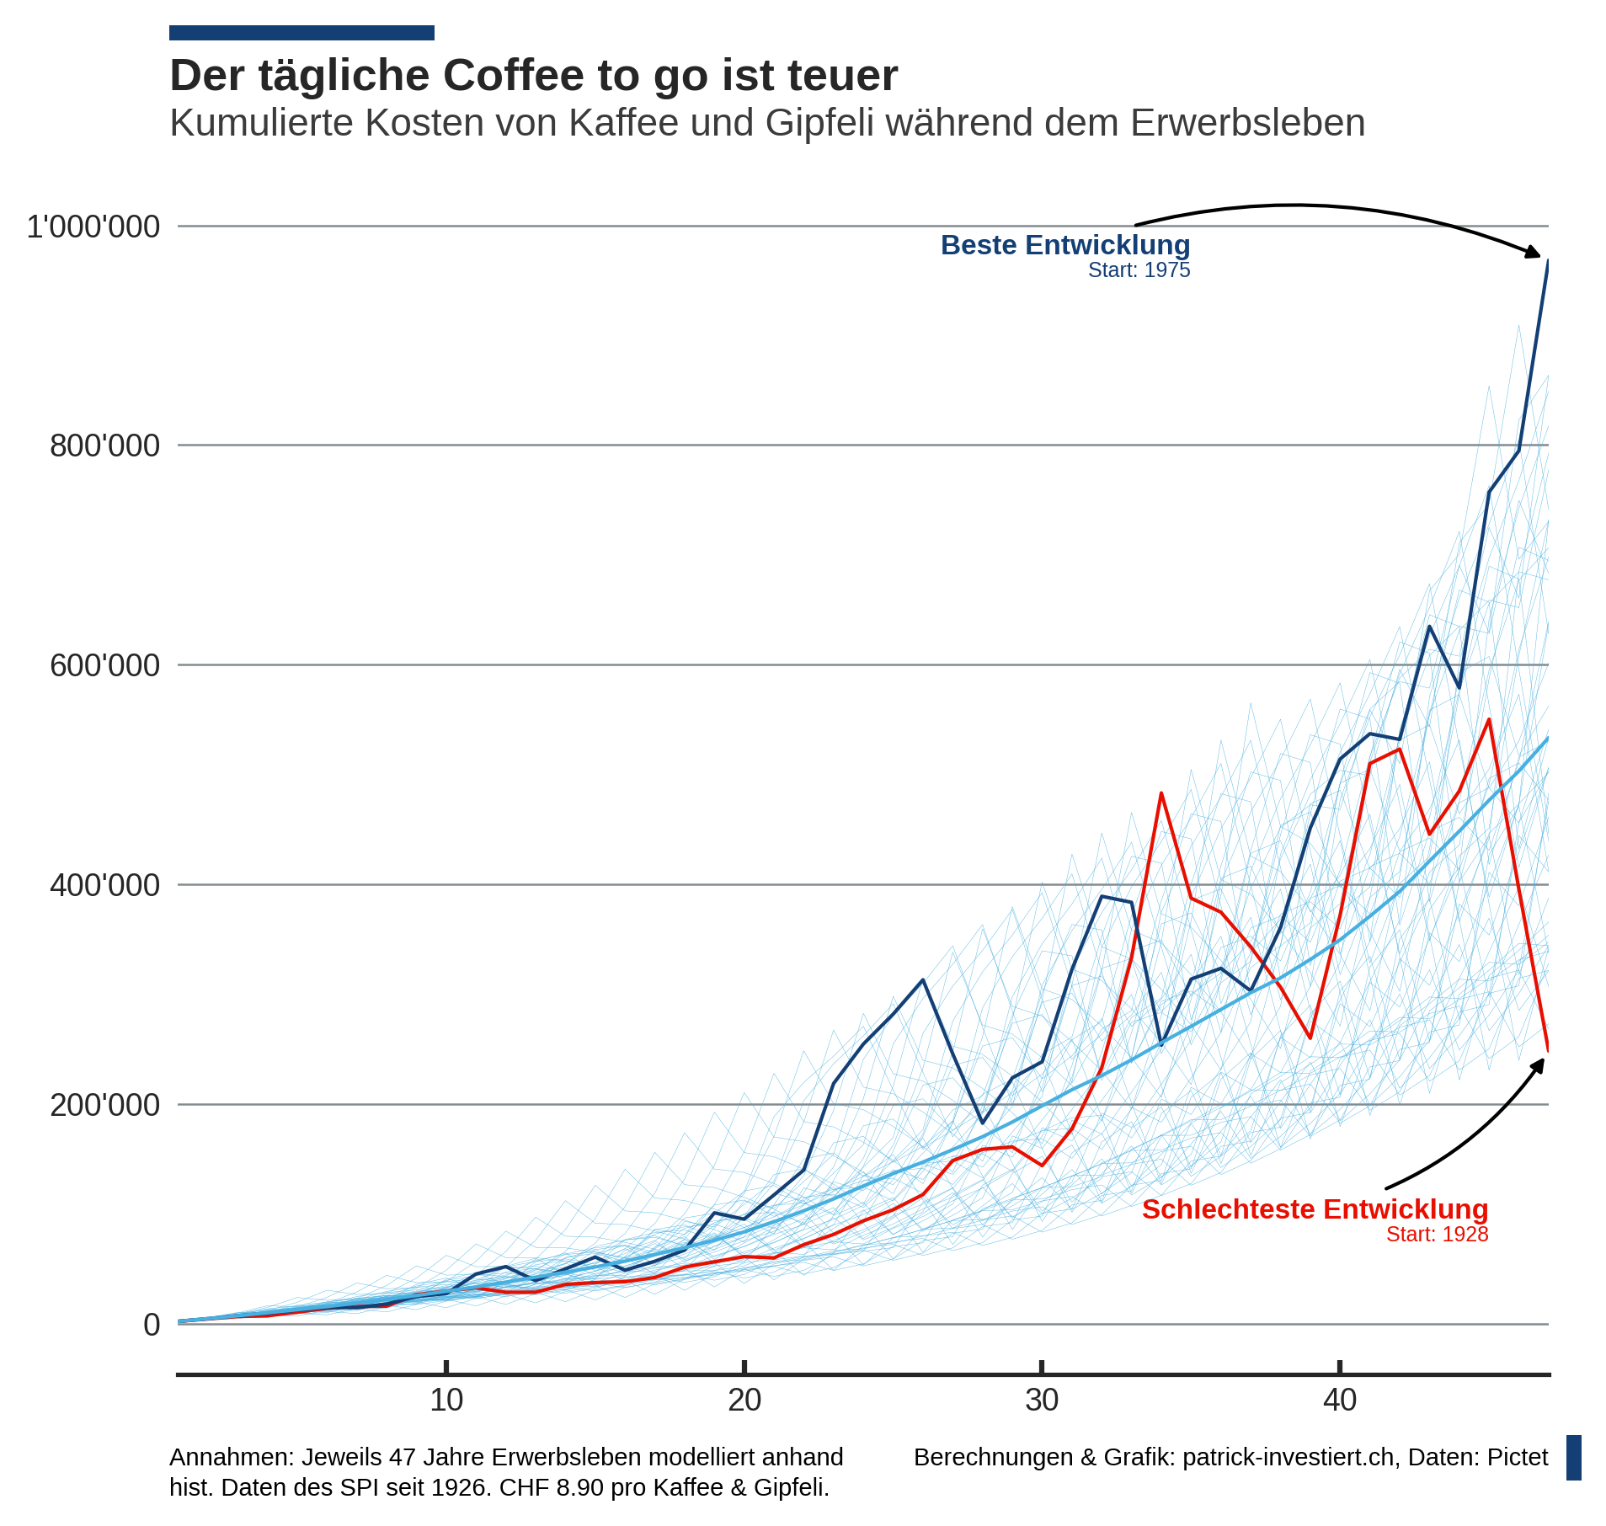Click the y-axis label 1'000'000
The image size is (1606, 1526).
point(93,227)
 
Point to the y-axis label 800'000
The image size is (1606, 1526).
point(104,446)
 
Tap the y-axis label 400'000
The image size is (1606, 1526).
point(104,885)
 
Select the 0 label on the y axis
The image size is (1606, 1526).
point(152,1325)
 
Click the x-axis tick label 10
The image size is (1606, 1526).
point(446,1401)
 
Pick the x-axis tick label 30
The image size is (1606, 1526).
point(1042,1401)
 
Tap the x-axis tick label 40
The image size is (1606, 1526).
point(1340,1401)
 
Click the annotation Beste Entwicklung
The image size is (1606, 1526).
point(1065,245)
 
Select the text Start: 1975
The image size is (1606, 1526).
point(1139,270)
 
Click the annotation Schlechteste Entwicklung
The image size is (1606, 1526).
point(1315,1209)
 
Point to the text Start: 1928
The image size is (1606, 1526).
point(1437,1235)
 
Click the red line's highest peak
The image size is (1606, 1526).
point(1489,720)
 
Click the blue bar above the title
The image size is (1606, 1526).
point(301,33)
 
